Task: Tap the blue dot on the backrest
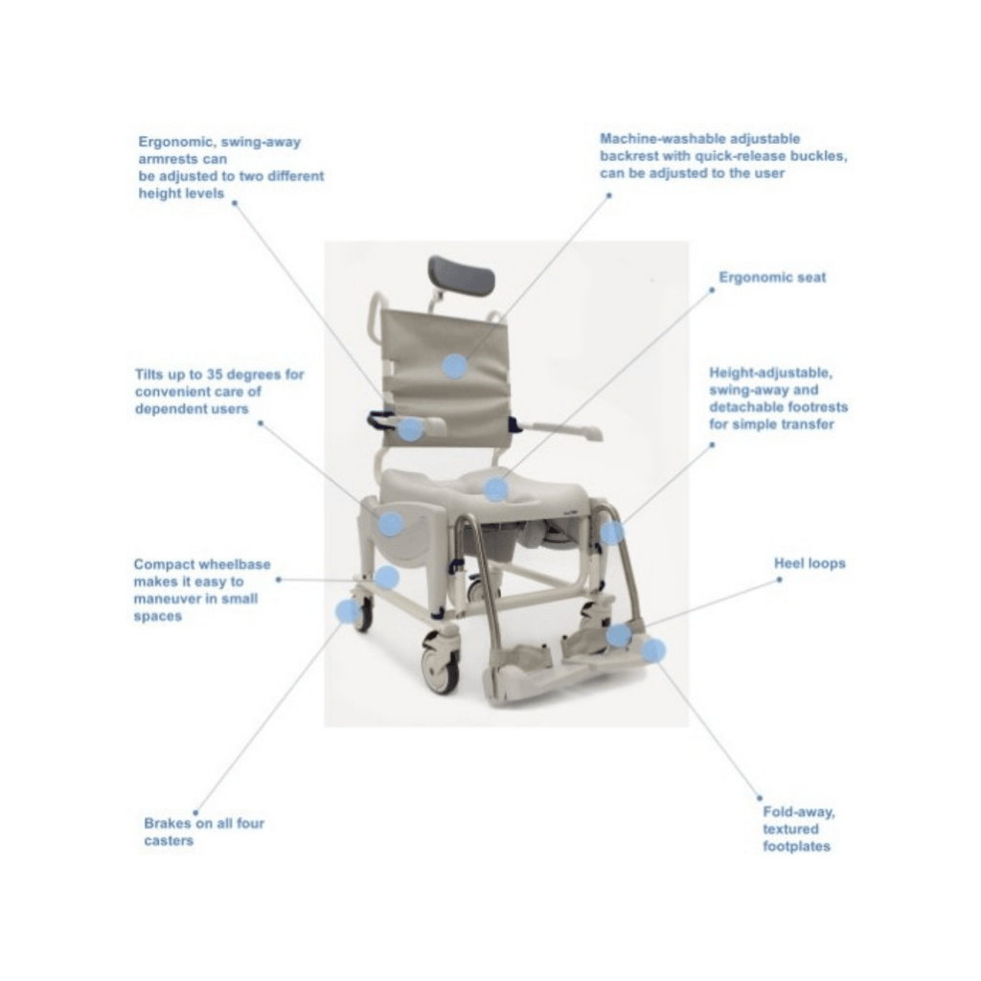pyautogui.click(x=455, y=366)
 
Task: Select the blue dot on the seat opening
pyautogui.click(x=496, y=489)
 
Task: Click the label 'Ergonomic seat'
pyautogui.click(x=772, y=277)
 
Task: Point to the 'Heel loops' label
pyautogui.click(x=810, y=563)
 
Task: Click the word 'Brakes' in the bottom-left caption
pyautogui.click(x=168, y=823)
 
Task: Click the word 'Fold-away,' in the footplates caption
pyautogui.click(x=798, y=812)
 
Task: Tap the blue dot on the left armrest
pyautogui.click(x=410, y=429)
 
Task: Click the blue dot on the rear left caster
pyautogui.click(x=349, y=611)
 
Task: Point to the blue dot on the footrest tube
pyautogui.click(x=612, y=533)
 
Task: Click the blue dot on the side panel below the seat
pyautogui.click(x=391, y=524)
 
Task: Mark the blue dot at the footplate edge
pyautogui.click(x=653, y=650)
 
